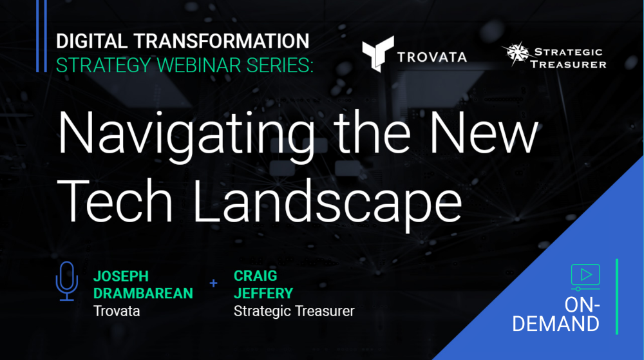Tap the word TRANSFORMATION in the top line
pyautogui.click(x=222, y=41)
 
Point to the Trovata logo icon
pyautogui.click(x=377, y=53)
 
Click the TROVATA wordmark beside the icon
pyautogui.click(x=431, y=57)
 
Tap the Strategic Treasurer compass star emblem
pyautogui.click(x=516, y=53)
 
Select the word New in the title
pyautogui.click(x=484, y=133)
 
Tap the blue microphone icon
pyautogui.click(x=66, y=281)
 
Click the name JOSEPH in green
pyautogui.click(x=121, y=276)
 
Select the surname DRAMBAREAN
pyautogui.click(x=143, y=294)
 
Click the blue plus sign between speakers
pyautogui.click(x=213, y=283)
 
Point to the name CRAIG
pyautogui.click(x=256, y=276)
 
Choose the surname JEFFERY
pyautogui.click(x=263, y=294)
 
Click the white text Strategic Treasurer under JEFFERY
pyautogui.click(x=294, y=311)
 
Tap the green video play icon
pyautogui.click(x=585, y=277)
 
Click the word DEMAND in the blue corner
pyautogui.click(x=556, y=324)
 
